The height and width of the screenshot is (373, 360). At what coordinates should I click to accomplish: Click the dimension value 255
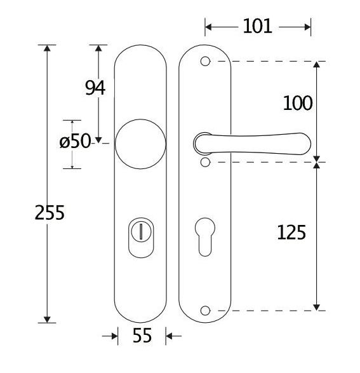[x=49, y=212]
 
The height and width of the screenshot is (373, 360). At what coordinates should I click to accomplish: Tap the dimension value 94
[x=95, y=88]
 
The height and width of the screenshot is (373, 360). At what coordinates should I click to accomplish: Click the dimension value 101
[x=257, y=26]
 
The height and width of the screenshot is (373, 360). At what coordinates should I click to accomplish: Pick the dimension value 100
[x=297, y=103]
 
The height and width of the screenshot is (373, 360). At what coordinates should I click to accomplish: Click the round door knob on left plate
[x=140, y=144]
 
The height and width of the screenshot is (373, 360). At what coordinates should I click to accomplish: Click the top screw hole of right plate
[x=204, y=62]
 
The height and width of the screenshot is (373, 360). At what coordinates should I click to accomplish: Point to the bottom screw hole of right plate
[x=204, y=310]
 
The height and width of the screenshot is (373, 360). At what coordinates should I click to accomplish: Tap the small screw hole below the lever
[x=204, y=163]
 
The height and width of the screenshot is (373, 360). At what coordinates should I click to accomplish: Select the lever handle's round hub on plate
[x=203, y=144]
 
